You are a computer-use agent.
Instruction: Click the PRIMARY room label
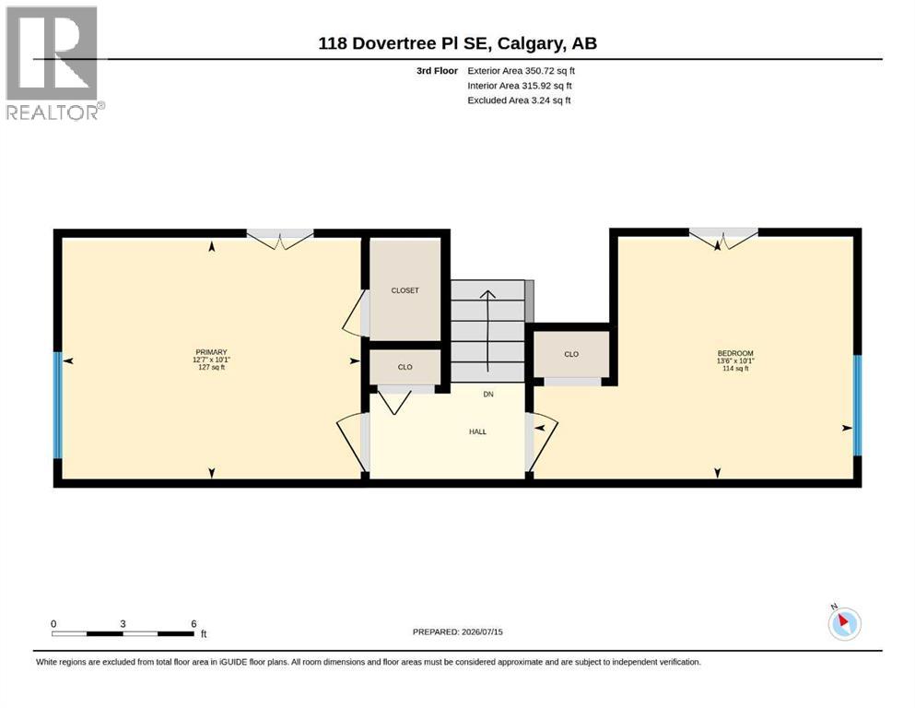pos(211,352)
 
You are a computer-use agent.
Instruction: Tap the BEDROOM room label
pos(735,353)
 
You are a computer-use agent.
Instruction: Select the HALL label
pos(477,432)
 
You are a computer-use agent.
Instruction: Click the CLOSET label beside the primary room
pos(405,290)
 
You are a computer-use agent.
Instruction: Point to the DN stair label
pos(488,395)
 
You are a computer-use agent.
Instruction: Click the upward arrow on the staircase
pos(487,331)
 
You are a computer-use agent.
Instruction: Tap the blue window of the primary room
pos(58,405)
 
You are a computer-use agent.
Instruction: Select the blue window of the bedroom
pos(857,405)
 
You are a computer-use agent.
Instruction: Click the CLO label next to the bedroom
pos(571,354)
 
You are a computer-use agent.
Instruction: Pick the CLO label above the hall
pos(405,367)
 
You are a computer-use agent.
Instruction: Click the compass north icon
pos(844,623)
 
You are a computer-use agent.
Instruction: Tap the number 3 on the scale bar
pos(123,624)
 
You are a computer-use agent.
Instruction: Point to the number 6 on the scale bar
pos(194,624)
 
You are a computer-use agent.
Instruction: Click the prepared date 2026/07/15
pos(482,631)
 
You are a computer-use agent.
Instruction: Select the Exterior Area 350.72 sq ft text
pos(522,71)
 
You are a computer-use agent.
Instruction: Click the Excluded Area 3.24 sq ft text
pos(519,100)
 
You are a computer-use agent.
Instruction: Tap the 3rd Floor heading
pos(437,71)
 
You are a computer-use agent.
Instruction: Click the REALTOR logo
pos(54,63)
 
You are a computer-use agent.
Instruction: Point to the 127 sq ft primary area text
pos(211,367)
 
